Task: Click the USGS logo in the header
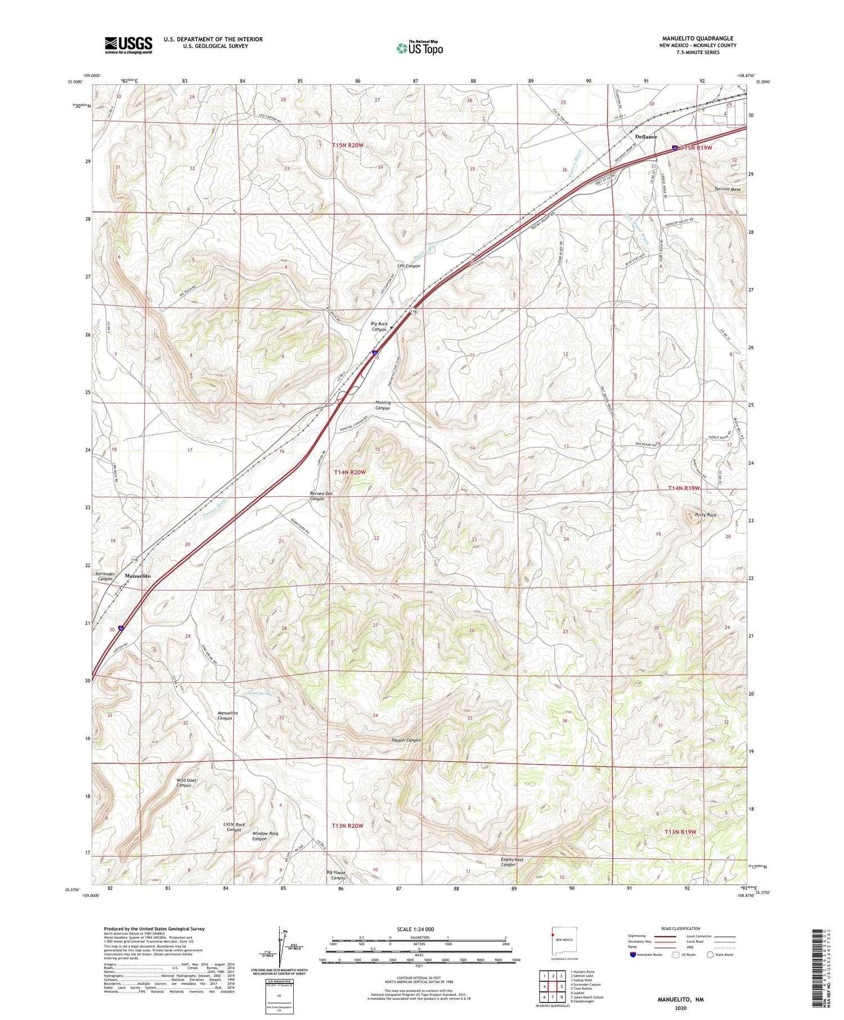point(128,45)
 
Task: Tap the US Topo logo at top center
point(419,48)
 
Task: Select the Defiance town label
point(645,137)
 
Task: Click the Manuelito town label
point(137,576)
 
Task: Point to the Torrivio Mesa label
point(727,190)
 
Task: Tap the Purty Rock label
point(706,515)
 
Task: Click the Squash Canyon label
point(406,740)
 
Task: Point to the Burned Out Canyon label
point(317,496)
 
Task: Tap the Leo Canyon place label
point(408,266)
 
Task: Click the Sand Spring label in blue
point(259,693)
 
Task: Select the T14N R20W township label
point(349,473)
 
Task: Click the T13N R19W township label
point(680,832)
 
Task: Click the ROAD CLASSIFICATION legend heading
point(681,928)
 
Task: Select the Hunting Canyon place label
point(383,405)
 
